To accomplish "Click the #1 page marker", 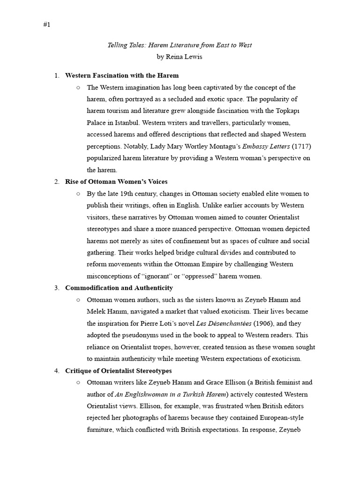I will tap(46, 25).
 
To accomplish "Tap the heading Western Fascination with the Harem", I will tap(121, 75).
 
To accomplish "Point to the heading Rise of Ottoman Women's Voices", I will tap(116, 181).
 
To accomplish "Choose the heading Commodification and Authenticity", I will tap(119, 288).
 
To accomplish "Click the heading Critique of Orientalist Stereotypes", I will tap(118, 371).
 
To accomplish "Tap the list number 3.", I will tap(56, 288).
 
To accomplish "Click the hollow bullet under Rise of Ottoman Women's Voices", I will tap(78, 194).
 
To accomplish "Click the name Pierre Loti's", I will tap(150, 323).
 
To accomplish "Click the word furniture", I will tap(99, 430).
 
